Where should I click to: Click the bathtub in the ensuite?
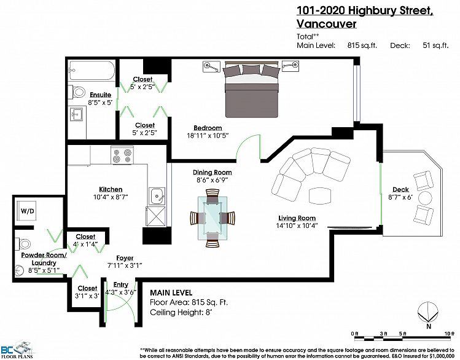(92, 71)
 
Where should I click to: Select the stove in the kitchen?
(122, 154)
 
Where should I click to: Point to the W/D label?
(28, 211)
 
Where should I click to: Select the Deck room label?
(400, 189)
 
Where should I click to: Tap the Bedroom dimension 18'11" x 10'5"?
(209, 136)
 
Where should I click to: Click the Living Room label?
(297, 218)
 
